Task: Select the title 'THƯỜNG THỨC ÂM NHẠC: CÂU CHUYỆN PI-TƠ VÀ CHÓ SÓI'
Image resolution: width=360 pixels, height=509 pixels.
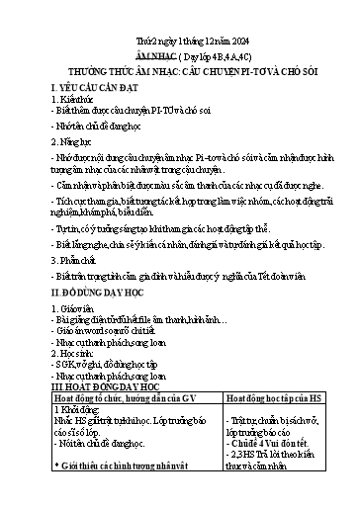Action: [179, 73]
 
